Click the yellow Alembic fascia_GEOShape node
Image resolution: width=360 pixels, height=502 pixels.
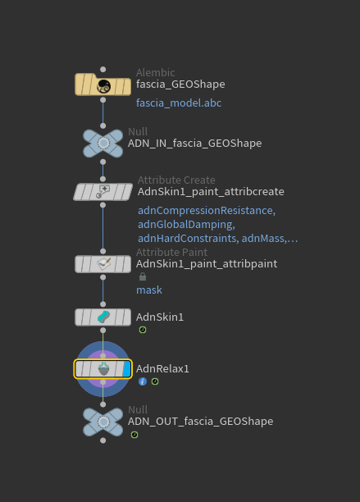tap(103, 84)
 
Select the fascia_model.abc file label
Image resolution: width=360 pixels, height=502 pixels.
tap(179, 103)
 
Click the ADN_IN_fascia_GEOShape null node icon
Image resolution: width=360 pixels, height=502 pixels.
tap(103, 143)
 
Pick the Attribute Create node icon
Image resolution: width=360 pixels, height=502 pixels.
tap(103, 192)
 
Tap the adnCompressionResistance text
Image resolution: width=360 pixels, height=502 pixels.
tap(207, 210)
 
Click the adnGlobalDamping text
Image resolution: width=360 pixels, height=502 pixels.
tap(186, 225)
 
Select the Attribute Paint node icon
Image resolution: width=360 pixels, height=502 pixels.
tap(103, 264)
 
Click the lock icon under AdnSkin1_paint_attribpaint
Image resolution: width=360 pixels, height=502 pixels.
tap(143, 276)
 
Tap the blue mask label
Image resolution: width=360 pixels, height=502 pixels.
tap(149, 290)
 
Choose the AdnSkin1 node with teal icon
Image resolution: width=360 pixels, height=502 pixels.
tap(103, 317)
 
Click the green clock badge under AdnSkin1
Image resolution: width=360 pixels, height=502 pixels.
tap(143, 330)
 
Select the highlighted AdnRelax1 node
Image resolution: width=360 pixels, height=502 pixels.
tap(103, 369)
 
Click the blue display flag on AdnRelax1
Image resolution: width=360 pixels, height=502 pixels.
tap(127, 369)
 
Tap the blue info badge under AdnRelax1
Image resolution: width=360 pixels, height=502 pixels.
tap(143, 381)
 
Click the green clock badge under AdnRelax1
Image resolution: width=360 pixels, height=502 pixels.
tap(155, 381)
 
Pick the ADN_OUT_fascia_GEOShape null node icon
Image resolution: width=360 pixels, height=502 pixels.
tap(103, 422)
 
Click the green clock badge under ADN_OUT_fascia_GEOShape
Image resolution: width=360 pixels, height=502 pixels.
tap(134, 435)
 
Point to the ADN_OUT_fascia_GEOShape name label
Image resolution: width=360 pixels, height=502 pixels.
tap(200, 422)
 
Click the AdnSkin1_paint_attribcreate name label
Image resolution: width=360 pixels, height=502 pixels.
tap(211, 192)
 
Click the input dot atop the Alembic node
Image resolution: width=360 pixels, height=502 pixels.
tap(103, 70)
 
